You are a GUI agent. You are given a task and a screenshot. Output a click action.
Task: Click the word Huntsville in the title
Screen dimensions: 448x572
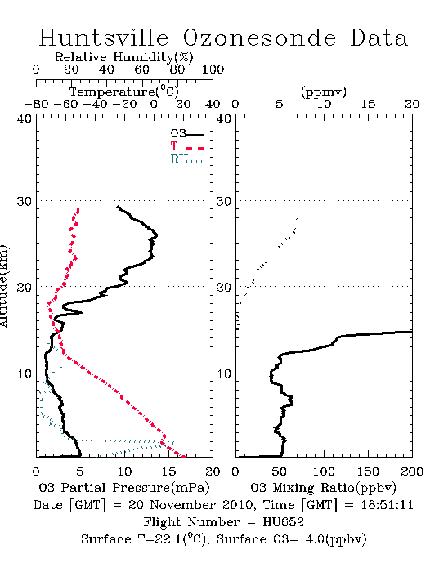[x=104, y=38]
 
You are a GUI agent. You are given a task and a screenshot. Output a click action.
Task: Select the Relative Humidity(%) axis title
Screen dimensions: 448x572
[x=124, y=57]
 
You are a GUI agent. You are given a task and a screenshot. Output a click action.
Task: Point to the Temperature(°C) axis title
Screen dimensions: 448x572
[x=124, y=92]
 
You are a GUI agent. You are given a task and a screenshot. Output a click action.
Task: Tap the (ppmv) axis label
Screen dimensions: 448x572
[x=324, y=92]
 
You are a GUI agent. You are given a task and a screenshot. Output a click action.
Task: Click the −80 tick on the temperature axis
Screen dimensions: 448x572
[x=36, y=105]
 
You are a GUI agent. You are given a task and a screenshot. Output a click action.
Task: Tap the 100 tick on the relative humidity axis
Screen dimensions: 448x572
[x=213, y=69]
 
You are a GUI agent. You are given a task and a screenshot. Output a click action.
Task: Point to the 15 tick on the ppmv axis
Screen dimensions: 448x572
[x=368, y=105]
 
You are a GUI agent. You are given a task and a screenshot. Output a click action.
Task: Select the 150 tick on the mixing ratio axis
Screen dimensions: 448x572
[x=368, y=471]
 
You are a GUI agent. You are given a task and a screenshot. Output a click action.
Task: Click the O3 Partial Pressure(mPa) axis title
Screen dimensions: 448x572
[x=124, y=488]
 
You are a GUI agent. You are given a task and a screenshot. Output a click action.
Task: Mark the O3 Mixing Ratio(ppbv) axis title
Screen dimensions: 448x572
[x=323, y=488]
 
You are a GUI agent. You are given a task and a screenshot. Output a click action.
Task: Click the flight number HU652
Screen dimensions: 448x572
[x=283, y=522]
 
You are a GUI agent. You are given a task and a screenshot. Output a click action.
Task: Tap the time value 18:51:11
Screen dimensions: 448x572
[x=387, y=505]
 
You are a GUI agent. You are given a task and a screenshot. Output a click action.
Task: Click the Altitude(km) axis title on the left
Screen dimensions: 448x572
[x=3, y=286]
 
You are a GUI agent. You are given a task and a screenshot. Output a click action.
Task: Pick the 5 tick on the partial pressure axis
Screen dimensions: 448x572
[x=80, y=471]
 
